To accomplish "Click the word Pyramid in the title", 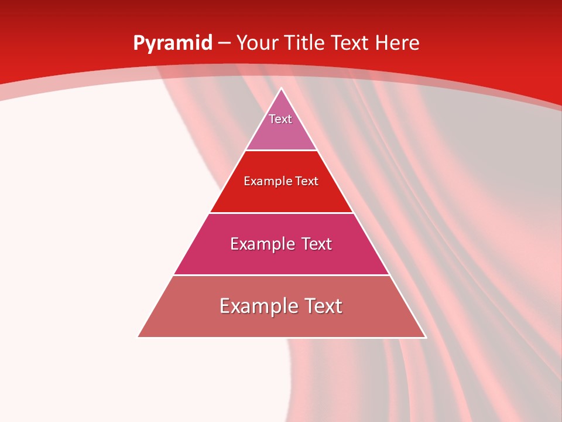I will pos(172,43).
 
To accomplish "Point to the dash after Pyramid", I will pos(224,44).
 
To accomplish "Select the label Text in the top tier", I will pos(280,119).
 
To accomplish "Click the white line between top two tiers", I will pos(281,151).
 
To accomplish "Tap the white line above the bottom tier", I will pos(281,275).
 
